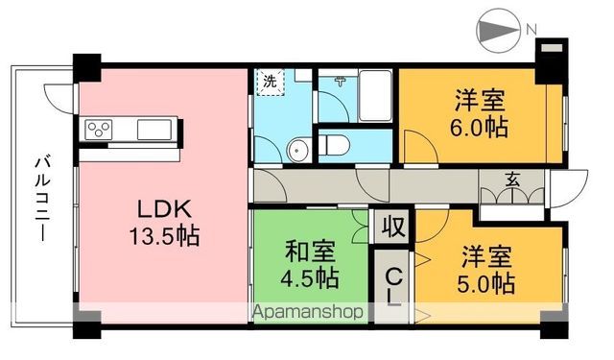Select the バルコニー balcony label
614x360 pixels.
coord(42,196)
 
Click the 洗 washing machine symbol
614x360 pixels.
coord(270,83)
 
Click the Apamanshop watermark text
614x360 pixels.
coord(307,312)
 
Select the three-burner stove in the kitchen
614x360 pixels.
coord(101,128)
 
